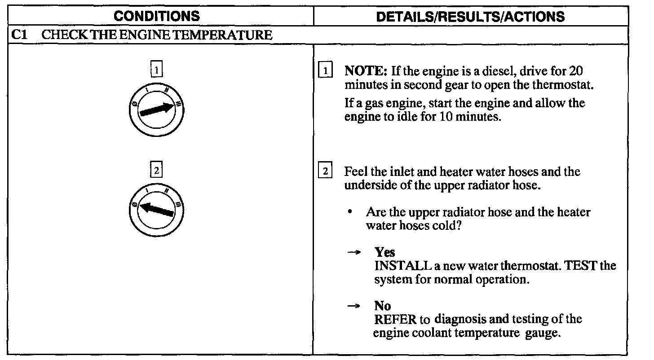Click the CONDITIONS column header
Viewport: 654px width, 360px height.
157,16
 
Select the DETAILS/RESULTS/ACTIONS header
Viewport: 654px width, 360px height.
470,17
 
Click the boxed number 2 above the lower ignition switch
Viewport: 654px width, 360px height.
156,170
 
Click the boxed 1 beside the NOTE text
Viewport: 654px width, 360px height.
325,71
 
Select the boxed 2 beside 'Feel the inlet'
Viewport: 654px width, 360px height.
325,171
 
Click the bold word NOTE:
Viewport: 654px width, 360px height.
366,71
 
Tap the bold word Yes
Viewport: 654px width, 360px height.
385,252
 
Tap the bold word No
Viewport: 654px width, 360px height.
383,306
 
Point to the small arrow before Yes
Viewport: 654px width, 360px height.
354,252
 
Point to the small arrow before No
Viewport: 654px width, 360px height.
354,306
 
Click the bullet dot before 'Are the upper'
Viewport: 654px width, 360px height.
350,211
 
